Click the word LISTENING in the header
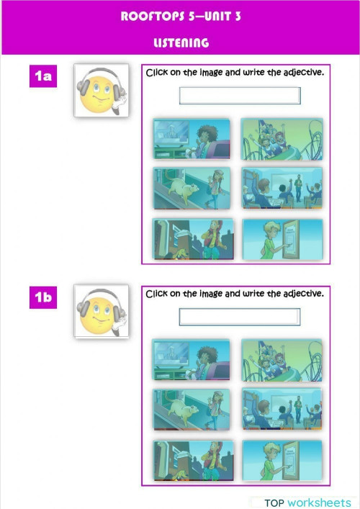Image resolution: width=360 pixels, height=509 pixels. point(181,43)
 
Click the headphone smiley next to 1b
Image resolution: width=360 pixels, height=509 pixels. point(101,312)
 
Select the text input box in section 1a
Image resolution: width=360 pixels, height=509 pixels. point(239,96)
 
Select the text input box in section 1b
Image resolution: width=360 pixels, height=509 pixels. point(239,317)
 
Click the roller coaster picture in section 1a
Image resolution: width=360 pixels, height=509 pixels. point(281,140)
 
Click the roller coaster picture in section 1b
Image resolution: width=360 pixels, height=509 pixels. point(281,360)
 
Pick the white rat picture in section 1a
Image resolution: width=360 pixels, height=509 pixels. point(192,189)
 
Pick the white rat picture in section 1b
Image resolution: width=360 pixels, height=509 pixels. point(192,410)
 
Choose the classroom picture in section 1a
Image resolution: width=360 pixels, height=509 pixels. point(281,189)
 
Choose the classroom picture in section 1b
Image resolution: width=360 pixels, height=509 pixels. point(281,410)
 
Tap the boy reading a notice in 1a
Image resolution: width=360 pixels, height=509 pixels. point(281,239)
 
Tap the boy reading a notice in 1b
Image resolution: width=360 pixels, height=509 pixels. point(281,460)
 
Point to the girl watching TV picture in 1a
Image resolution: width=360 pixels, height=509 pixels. point(192,140)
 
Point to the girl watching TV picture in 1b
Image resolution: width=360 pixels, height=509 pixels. point(192,360)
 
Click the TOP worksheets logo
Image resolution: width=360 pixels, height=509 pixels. point(307,502)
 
